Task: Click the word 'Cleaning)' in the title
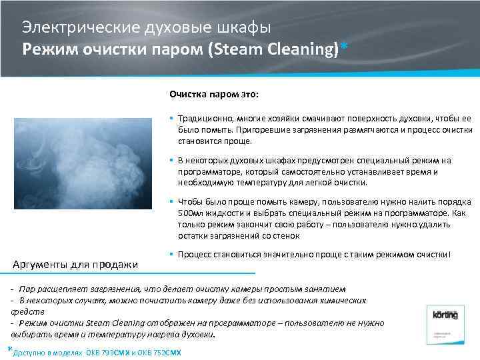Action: click(x=303, y=50)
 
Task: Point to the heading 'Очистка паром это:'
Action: click(x=209, y=95)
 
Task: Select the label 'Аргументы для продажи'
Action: click(x=76, y=265)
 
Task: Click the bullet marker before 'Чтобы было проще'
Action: click(x=172, y=201)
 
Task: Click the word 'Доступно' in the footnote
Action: click(x=29, y=353)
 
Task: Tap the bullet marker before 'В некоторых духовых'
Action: click(x=172, y=160)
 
